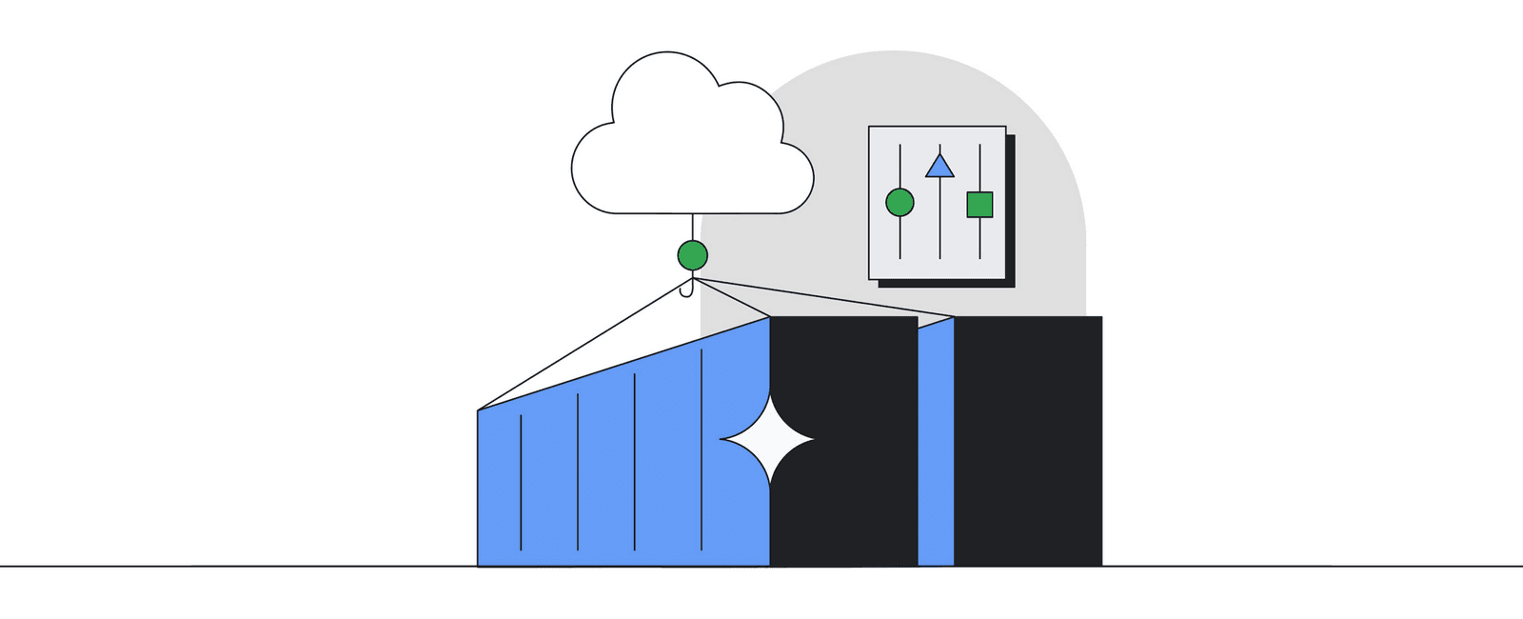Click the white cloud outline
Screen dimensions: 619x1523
coord(692,143)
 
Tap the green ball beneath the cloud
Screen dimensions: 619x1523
coord(692,255)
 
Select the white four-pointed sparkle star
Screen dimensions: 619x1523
coord(767,439)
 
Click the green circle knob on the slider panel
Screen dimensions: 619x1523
coord(900,202)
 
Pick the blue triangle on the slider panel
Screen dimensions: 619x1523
coord(940,167)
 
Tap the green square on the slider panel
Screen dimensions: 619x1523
coord(979,205)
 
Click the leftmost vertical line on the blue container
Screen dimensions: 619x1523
coord(521,486)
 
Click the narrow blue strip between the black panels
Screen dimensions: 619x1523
coord(936,448)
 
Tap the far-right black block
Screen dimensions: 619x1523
coord(1028,438)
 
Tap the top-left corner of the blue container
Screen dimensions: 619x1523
coord(479,411)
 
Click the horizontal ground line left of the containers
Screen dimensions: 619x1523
coord(238,567)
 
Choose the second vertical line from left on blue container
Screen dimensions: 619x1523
coord(578,476)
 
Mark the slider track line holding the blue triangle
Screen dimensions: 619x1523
coord(940,229)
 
